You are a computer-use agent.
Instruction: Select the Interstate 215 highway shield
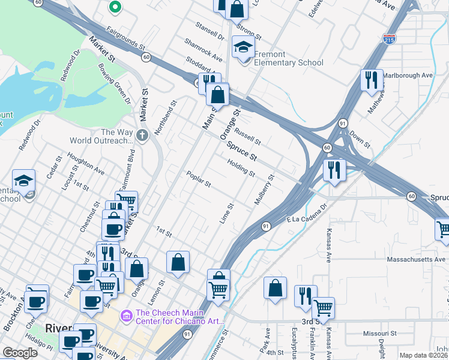click(x=388, y=39)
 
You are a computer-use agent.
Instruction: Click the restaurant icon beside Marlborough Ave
click(x=371, y=79)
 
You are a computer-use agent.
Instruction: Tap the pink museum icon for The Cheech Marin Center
click(x=126, y=315)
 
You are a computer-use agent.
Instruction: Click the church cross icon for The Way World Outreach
click(x=142, y=136)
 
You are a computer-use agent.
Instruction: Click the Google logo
click(x=20, y=353)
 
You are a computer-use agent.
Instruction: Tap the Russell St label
click(x=247, y=137)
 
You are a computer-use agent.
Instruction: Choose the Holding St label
click(x=241, y=167)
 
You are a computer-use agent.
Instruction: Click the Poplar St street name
click(x=199, y=178)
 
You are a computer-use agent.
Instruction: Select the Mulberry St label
click(x=264, y=190)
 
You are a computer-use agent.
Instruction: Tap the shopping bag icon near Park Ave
click(x=275, y=288)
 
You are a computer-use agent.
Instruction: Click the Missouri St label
click(x=380, y=333)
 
